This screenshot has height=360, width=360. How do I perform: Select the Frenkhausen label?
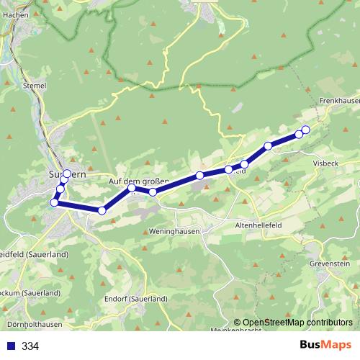[x=338, y=102]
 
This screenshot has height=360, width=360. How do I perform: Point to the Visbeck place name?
[x=325, y=163]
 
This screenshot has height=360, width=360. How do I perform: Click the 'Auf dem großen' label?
[x=138, y=181]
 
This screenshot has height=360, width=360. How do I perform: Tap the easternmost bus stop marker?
[x=305, y=130]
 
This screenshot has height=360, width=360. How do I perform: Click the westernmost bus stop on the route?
[x=54, y=202]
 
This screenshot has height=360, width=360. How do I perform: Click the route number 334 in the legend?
[x=30, y=346]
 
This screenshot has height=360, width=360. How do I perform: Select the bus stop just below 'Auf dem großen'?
[x=132, y=189]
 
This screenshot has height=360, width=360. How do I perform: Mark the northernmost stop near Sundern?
[x=67, y=173]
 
